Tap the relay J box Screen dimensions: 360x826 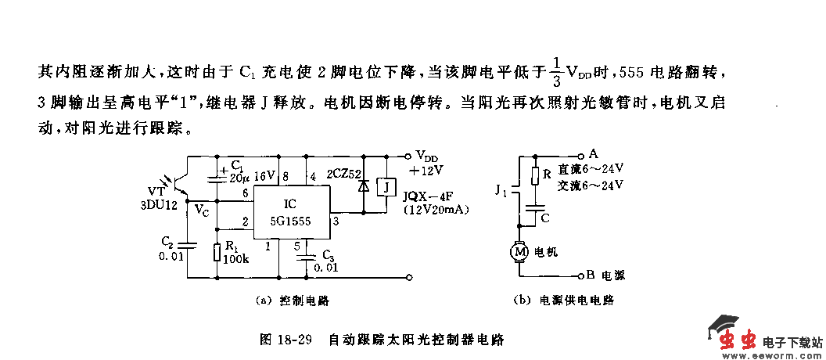coord(386,188)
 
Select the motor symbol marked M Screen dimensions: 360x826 coord(519,252)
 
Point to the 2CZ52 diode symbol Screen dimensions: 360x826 coord(361,189)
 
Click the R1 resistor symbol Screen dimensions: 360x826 coord(217,252)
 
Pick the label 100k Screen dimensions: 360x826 coord(235,259)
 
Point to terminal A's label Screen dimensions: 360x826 coord(594,153)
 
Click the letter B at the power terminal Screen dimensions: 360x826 coord(591,275)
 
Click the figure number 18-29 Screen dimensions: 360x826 coord(296,340)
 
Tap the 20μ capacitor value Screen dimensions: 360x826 coord(239,178)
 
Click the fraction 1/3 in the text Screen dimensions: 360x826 coord(556,71)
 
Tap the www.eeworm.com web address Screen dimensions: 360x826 coord(772,354)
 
